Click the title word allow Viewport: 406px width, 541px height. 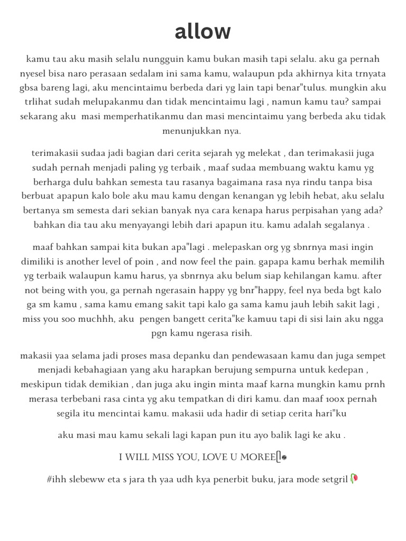[x=203, y=32]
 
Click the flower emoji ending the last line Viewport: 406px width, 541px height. [x=354, y=479]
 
